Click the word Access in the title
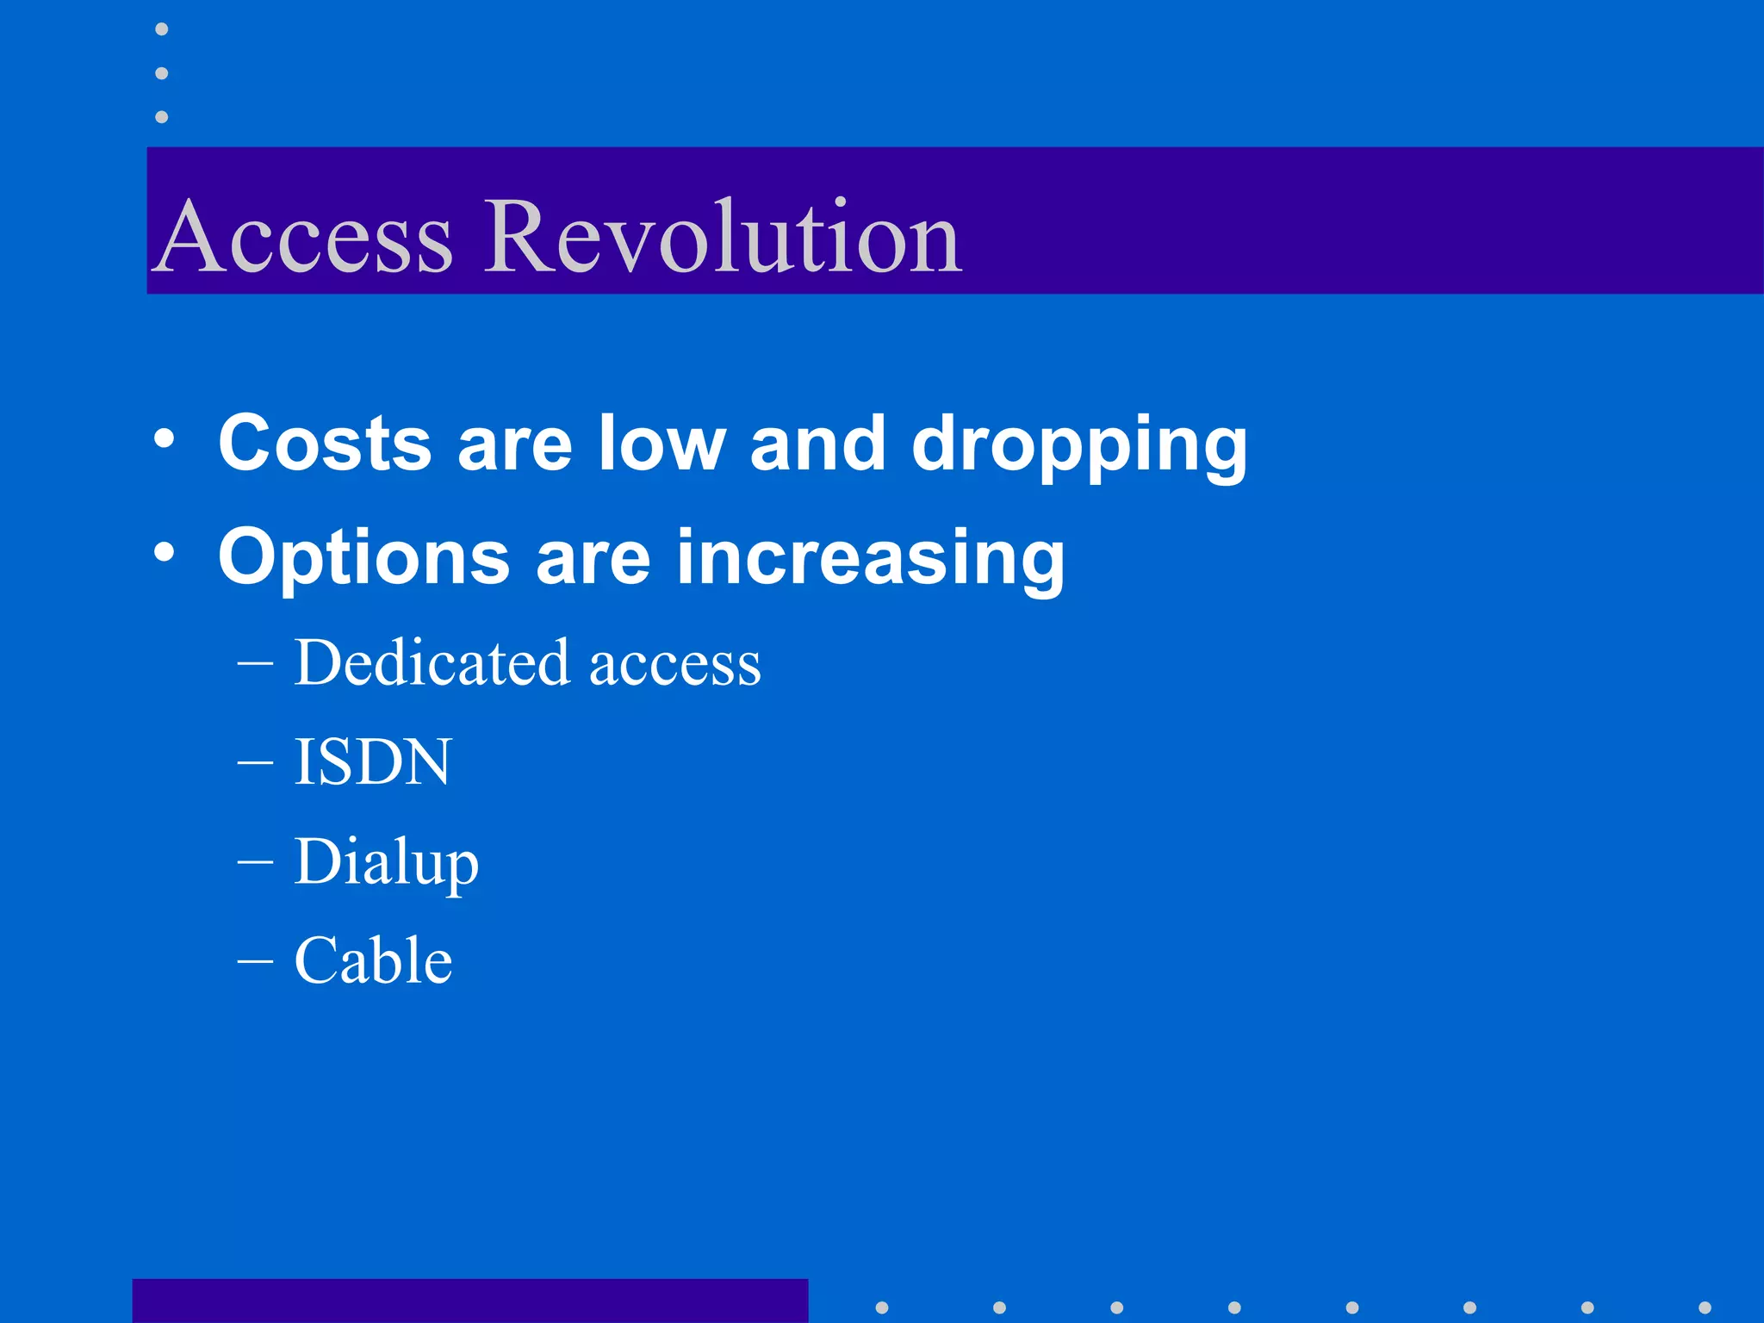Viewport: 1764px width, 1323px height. click(x=306, y=237)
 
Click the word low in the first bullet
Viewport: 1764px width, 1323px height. click(x=661, y=443)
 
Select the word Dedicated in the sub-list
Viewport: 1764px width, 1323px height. click(x=432, y=663)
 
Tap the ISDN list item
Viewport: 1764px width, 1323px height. click(x=372, y=762)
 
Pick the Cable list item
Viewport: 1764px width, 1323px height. click(x=373, y=960)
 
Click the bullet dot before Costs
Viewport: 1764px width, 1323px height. click(x=164, y=440)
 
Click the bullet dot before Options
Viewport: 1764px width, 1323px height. click(x=164, y=552)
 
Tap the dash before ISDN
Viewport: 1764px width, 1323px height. click(x=255, y=763)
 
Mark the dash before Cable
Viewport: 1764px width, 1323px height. click(x=255, y=961)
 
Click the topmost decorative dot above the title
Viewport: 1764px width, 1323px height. click(x=161, y=29)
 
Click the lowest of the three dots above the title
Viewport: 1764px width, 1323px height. click(x=161, y=116)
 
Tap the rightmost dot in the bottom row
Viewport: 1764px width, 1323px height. click(x=1705, y=1307)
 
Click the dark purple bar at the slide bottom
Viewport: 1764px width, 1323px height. click(x=469, y=1301)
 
